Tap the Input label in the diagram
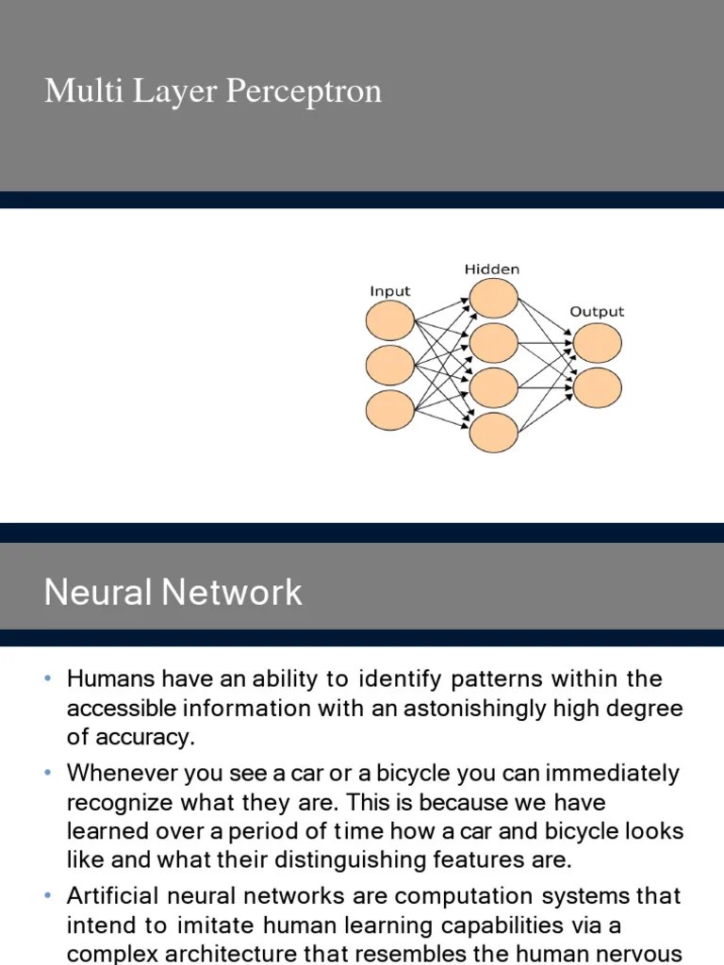[x=389, y=291]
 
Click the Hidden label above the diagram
[x=491, y=270]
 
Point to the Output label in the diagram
[x=597, y=312]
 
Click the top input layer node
[x=389, y=320]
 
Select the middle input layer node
[x=389, y=365]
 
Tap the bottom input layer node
[x=389, y=409]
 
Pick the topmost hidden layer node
[x=493, y=298]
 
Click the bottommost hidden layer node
[x=493, y=433]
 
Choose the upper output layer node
[x=597, y=343]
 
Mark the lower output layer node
[x=597, y=387]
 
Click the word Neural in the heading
[x=98, y=593]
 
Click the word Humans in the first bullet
[x=109, y=679]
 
